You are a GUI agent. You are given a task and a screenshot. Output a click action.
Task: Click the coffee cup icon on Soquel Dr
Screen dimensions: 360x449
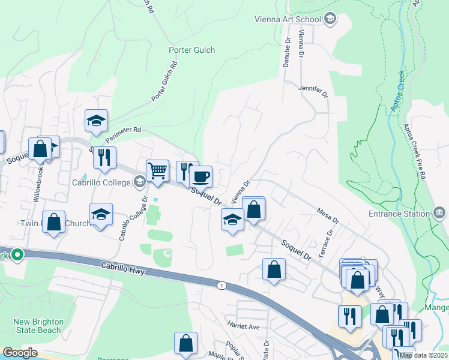[200, 177]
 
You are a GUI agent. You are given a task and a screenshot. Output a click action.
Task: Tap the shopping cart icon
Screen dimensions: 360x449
[157, 170]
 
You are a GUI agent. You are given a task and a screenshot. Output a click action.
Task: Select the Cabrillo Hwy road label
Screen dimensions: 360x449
[123, 268]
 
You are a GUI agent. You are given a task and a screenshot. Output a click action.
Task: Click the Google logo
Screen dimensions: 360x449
[20, 353]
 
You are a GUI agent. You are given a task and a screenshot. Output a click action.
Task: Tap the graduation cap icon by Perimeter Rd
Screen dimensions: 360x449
[96, 120]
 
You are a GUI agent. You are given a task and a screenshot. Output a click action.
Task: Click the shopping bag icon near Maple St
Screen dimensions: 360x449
[185, 343]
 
